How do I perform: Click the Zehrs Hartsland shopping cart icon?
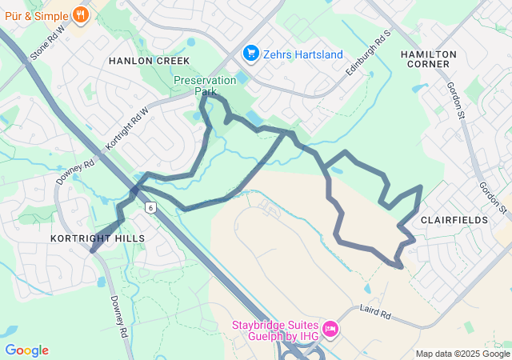tap(250, 54)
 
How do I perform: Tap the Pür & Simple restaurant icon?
tap(80, 14)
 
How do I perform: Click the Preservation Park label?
tap(206, 86)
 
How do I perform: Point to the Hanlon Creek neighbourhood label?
tap(150, 61)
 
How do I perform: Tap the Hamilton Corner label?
tap(429, 59)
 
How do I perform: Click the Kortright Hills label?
tap(98, 238)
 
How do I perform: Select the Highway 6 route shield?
tap(150, 207)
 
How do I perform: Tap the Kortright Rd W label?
tap(127, 129)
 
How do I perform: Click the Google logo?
tap(26, 350)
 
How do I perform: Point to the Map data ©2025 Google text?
tap(462, 354)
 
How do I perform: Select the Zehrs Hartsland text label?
tap(304, 54)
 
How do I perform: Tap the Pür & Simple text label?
tap(37, 14)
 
